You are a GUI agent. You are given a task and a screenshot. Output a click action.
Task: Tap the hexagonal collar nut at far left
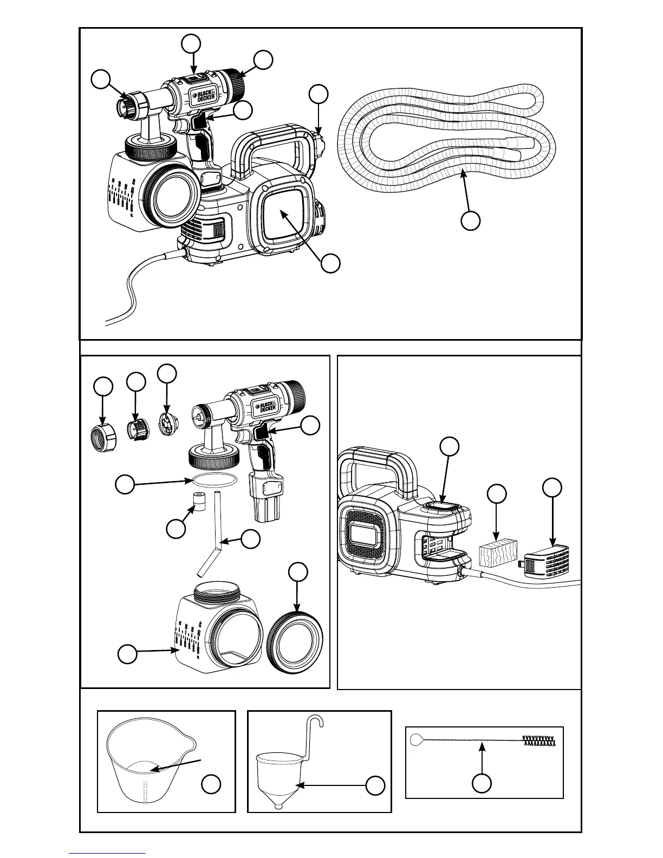coord(103,436)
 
